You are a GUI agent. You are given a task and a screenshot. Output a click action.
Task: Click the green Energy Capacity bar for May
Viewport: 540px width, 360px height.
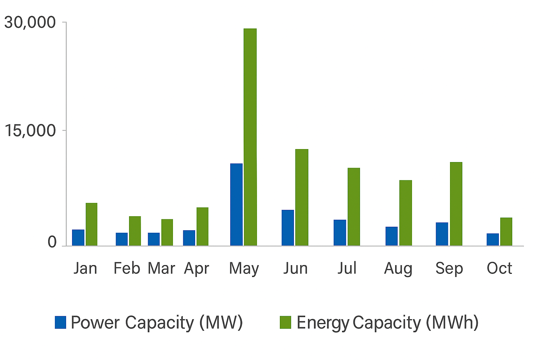250,137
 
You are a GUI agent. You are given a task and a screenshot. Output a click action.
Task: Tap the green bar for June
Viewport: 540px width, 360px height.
302,197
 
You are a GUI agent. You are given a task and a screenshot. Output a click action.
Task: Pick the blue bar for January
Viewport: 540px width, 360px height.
78,238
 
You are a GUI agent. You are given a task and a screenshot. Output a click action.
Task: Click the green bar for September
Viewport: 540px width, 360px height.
456,204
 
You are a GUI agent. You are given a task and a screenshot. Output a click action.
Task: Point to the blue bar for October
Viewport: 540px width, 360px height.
493,239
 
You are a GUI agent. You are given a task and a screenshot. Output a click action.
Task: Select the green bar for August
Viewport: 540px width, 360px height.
405,213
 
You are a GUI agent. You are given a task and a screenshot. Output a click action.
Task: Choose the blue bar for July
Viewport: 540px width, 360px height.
340,232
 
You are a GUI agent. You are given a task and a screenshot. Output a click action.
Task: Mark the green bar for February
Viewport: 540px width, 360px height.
135,231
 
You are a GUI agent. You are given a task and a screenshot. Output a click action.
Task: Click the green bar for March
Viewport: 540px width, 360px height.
167,232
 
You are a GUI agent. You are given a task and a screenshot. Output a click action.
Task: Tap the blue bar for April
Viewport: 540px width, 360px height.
189,238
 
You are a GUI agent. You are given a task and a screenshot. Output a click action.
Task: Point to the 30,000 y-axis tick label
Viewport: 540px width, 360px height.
30,22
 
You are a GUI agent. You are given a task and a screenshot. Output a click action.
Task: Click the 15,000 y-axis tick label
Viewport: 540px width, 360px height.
30,131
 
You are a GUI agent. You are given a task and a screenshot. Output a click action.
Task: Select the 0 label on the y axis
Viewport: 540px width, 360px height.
52,242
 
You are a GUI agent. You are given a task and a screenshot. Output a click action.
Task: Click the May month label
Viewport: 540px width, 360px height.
244,269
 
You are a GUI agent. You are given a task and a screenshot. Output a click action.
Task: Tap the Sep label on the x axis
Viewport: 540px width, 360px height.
449,269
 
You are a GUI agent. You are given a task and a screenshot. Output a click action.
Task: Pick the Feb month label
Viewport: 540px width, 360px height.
127,269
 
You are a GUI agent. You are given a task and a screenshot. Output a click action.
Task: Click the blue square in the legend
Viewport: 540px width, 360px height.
60,322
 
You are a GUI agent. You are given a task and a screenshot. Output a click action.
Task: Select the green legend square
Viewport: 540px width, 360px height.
285,322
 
